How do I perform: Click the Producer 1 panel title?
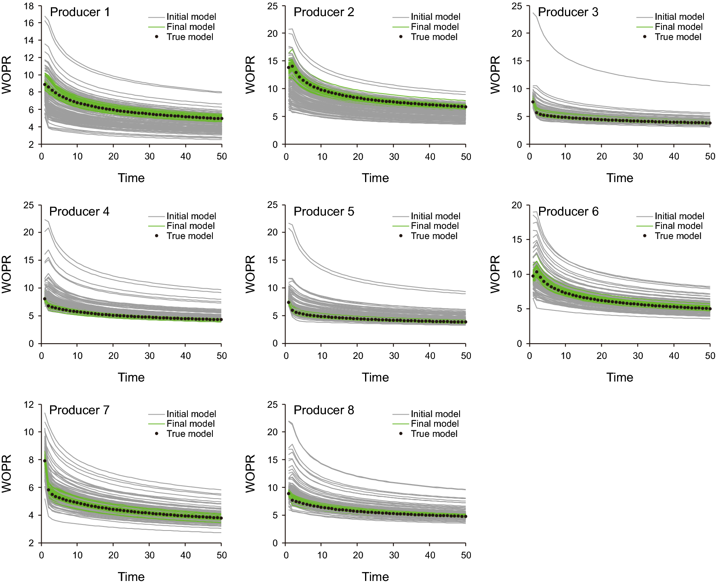[x=80, y=12]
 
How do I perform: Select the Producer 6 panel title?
[x=568, y=211]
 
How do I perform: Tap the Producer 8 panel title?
[x=323, y=410]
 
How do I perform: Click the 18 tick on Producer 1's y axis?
[x=29, y=6]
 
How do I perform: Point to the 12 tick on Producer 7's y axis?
[x=29, y=405]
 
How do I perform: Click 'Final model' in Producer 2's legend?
[x=435, y=27]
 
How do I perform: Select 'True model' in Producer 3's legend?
[x=678, y=37]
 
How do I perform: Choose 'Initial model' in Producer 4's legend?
[x=191, y=216]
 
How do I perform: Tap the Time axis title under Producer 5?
[x=375, y=377]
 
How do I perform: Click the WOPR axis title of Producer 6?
[x=495, y=274]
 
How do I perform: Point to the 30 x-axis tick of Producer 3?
[x=638, y=157]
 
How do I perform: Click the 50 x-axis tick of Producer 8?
[x=466, y=555]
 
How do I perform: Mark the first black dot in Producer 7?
[x=45, y=461]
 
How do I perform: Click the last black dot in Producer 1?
[x=222, y=119]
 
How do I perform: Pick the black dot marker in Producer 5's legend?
[x=401, y=236]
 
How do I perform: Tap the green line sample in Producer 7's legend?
[x=157, y=424]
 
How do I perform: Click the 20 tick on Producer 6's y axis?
[x=517, y=205]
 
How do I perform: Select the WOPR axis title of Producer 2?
[x=250, y=75]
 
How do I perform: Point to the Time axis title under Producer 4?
[x=131, y=377]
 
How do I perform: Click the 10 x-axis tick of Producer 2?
[x=322, y=157]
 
